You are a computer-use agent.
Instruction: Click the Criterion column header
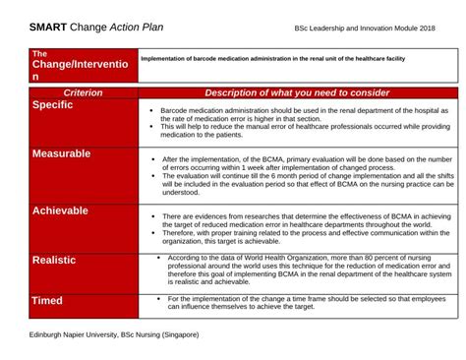83,91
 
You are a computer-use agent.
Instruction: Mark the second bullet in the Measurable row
152,173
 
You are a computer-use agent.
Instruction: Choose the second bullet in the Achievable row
152,232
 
